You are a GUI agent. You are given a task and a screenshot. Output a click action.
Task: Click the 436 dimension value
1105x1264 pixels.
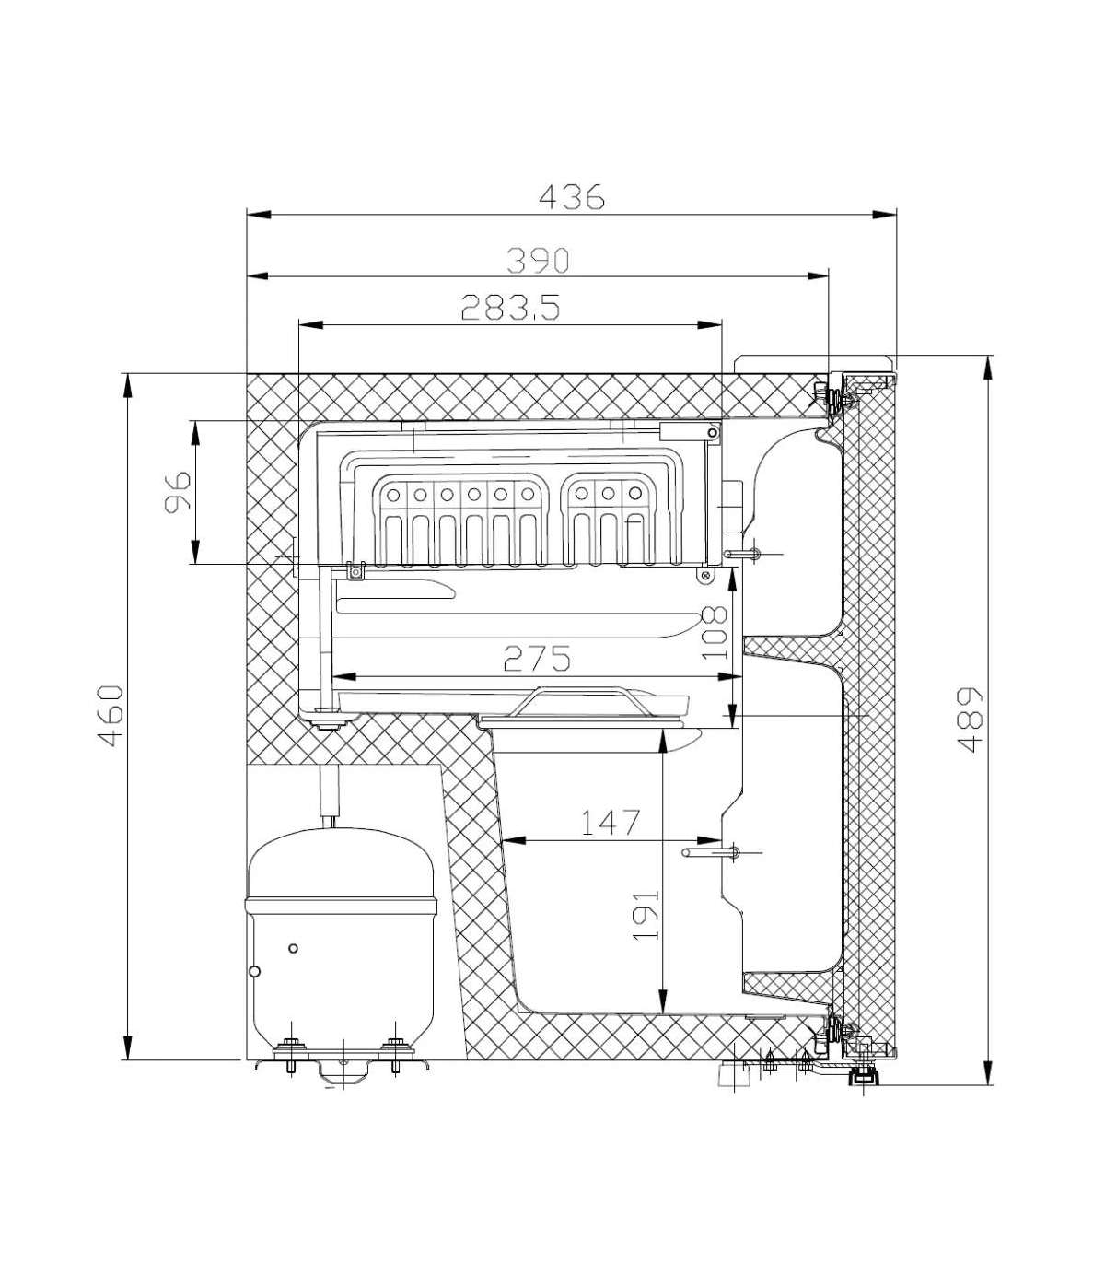pos(572,198)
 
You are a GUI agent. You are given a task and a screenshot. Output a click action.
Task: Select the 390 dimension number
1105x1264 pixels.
pos(537,261)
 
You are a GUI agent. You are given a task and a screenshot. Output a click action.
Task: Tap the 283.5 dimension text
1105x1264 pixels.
pos(511,307)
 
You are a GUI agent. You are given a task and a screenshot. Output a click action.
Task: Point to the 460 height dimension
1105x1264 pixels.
pos(111,716)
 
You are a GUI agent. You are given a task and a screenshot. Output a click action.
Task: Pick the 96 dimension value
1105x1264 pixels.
pos(178,492)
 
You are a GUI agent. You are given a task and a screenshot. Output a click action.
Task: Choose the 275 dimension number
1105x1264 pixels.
pos(537,659)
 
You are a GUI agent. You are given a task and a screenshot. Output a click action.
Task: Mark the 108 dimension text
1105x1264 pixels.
pos(715,633)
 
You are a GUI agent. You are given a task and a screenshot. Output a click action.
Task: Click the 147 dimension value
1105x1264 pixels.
pos(611,823)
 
